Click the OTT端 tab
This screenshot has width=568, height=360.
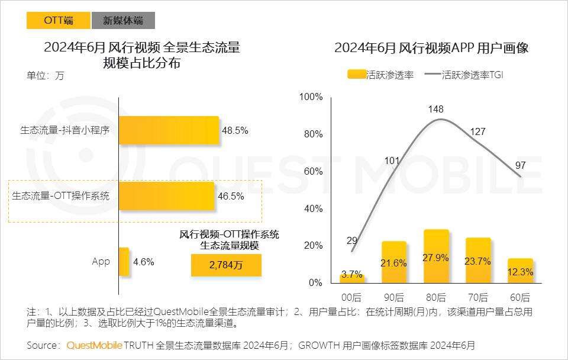[x=58, y=20]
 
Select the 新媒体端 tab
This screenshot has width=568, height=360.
[x=122, y=20]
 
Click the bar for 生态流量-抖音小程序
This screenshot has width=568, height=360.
[x=169, y=130]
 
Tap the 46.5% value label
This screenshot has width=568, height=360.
[x=231, y=197]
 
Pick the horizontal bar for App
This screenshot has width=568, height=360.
[x=124, y=262]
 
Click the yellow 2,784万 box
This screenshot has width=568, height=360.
[x=226, y=266]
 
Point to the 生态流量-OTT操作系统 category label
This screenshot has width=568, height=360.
[x=61, y=196]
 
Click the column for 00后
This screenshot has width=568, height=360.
[x=351, y=278]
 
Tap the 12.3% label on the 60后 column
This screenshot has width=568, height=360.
[x=520, y=272]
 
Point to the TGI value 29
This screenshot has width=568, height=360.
[x=351, y=240]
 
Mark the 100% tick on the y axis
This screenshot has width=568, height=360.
[x=311, y=97]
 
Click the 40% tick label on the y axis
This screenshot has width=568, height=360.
[x=313, y=209]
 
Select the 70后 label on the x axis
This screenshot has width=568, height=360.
[x=478, y=297]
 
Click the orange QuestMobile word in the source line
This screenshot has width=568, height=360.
[x=94, y=345]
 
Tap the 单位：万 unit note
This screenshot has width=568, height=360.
[x=45, y=76]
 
